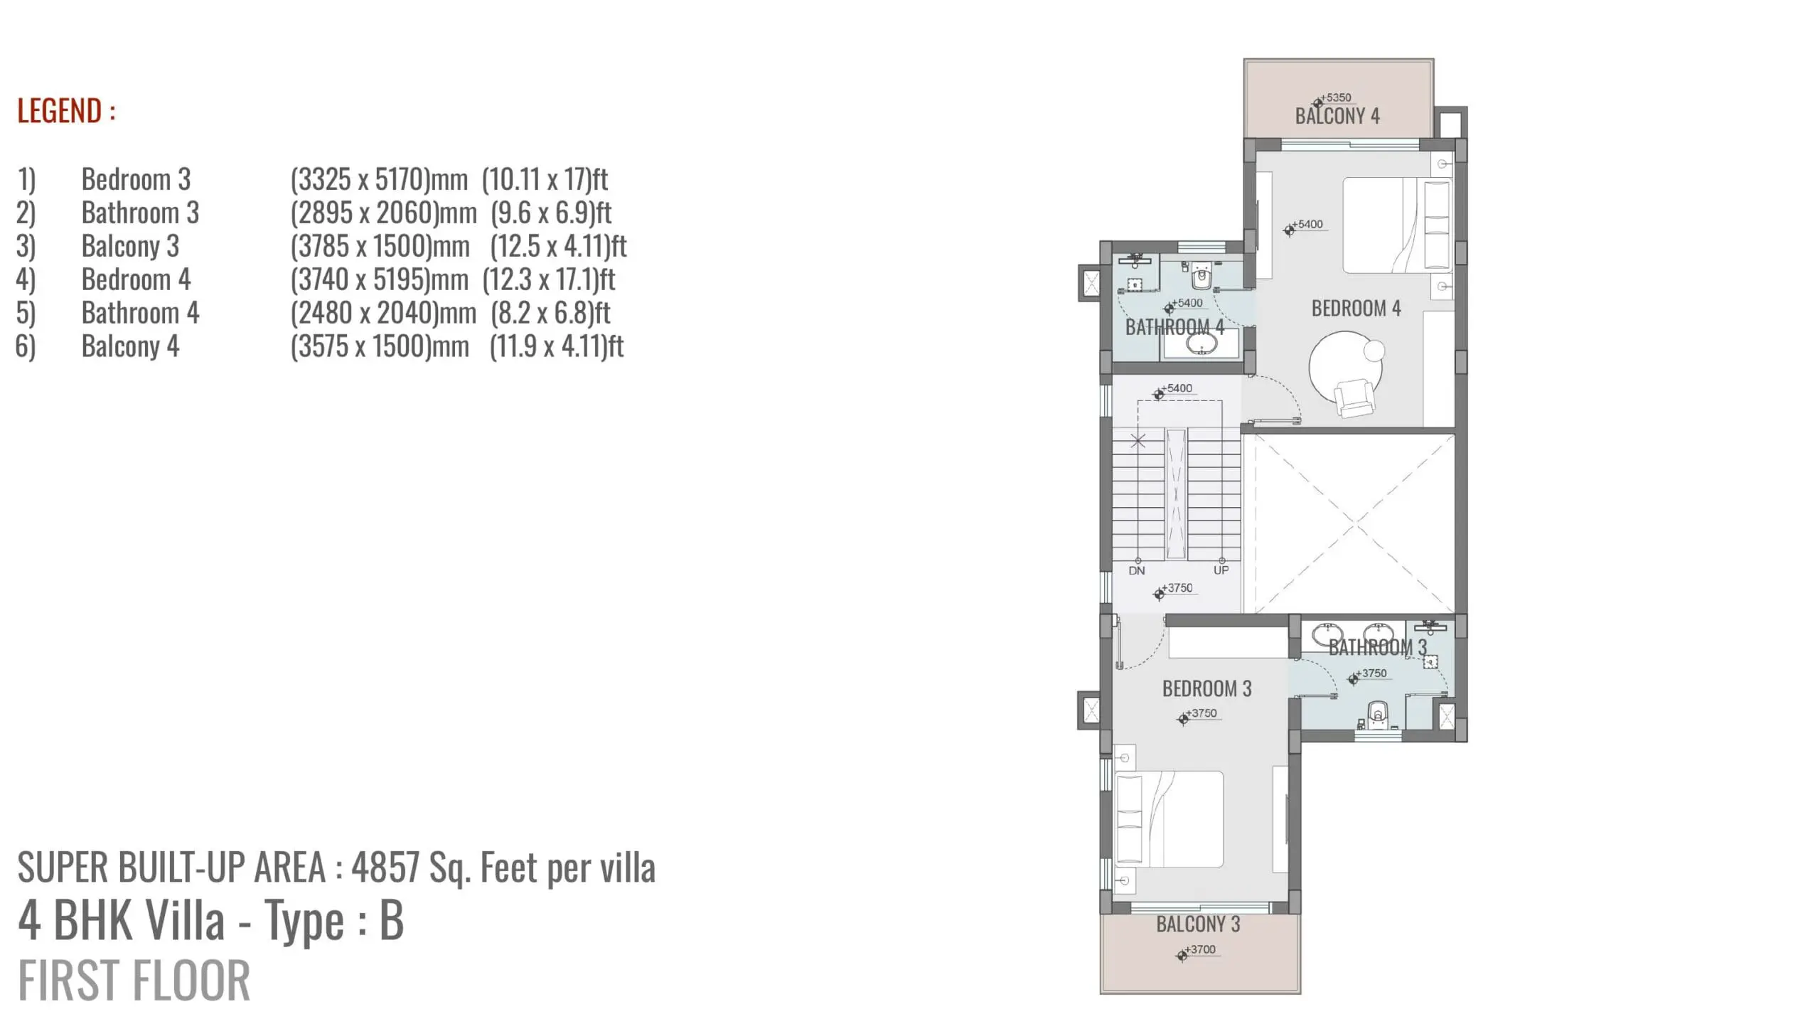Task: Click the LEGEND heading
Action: (x=66, y=111)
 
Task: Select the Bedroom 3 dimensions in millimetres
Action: (x=379, y=179)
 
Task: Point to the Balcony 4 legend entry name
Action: (x=130, y=346)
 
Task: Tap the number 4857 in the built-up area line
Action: (x=385, y=867)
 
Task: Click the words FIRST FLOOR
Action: (x=134, y=981)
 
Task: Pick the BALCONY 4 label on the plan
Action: (x=1337, y=116)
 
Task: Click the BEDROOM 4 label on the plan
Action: (x=1356, y=309)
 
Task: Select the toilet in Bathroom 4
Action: (x=1201, y=278)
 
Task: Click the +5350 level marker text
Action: (x=1337, y=97)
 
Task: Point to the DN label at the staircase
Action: (x=1137, y=570)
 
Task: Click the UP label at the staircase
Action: (x=1221, y=570)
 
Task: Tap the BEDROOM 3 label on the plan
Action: (x=1206, y=688)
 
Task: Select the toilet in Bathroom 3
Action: (x=1379, y=715)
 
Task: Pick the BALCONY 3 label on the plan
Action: (x=1198, y=924)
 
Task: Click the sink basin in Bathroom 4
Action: (x=1201, y=345)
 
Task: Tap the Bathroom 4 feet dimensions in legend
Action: (x=551, y=313)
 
